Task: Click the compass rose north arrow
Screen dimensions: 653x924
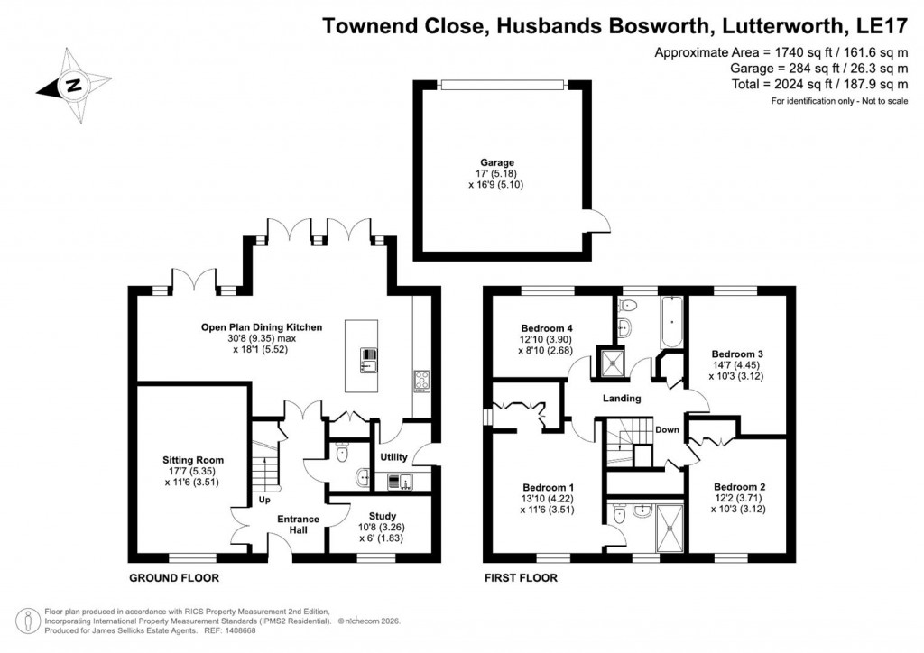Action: (x=71, y=86)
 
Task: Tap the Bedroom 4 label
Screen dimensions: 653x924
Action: (x=549, y=327)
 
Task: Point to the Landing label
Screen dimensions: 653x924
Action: (x=623, y=398)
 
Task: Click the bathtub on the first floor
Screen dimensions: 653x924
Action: (x=672, y=323)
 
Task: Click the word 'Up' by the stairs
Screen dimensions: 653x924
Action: (x=264, y=500)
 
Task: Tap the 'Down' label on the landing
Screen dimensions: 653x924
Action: (x=667, y=429)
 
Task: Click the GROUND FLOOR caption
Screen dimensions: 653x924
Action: (x=174, y=578)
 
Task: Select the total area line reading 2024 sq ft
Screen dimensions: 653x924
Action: (x=808, y=84)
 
